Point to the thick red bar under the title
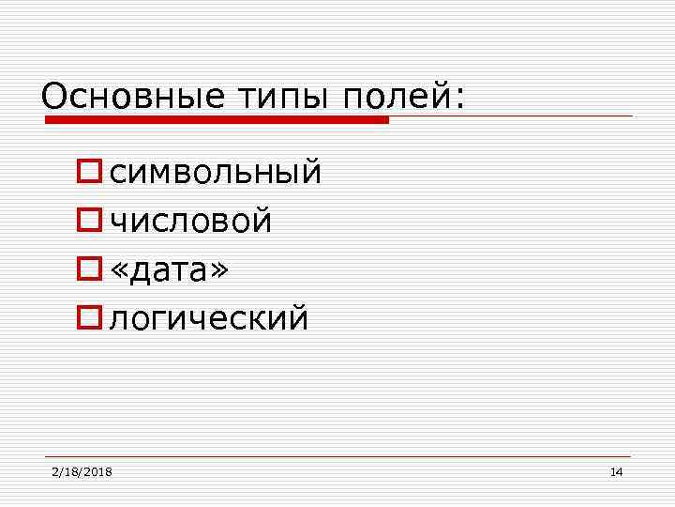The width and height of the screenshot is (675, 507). (216, 120)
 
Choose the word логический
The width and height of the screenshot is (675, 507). (208, 319)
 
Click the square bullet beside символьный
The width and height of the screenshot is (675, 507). (91, 172)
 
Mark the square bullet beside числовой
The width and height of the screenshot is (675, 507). (91, 221)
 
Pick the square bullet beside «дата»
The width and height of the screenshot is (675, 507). (91, 269)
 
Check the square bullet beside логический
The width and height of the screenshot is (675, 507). (91, 318)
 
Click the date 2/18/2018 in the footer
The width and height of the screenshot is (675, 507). (82, 471)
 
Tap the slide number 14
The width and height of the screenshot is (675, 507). (616, 471)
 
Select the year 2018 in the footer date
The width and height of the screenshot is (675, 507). (97, 471)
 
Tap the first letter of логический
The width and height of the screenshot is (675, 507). (117, 320)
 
